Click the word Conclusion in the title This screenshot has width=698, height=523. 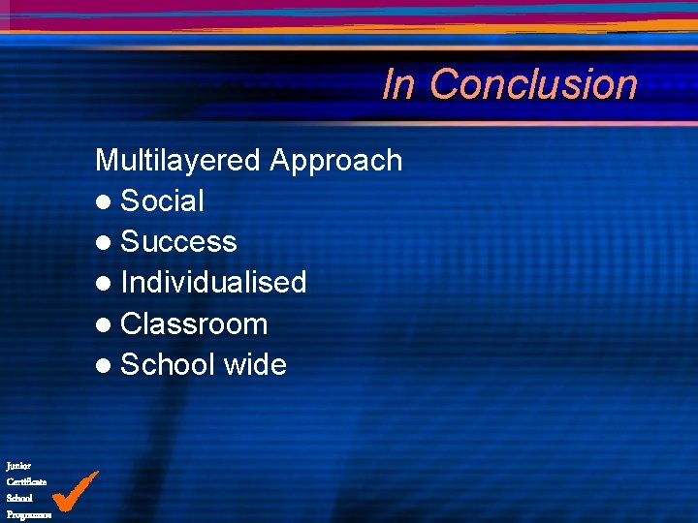click(533, 84)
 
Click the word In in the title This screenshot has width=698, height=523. click(398, 84)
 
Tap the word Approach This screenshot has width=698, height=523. click(336, 160)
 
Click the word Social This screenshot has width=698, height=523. click(162, 201)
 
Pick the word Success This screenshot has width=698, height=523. click(178, 242)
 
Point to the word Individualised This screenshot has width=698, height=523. click(213, 283)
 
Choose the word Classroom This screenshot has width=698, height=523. click(194, 323)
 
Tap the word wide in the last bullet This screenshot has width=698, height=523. click(255, 365)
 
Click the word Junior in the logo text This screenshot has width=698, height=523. click(18, 466)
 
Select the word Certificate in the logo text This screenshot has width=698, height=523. click(26, 481)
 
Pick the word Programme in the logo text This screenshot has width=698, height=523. click(28, 514)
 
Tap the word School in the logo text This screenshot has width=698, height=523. click(19, 498)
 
